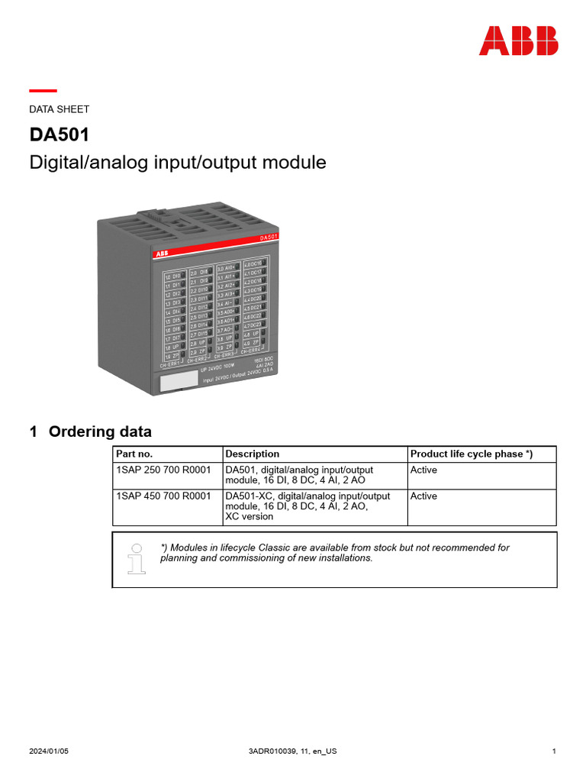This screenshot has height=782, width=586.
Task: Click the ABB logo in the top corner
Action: click(x=518, y=41)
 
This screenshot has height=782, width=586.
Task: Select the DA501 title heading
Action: click(x=60, y=135)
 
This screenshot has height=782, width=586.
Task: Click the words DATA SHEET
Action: click(x=59, y=109)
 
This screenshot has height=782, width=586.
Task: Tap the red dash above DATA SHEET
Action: click(x=43, y=91)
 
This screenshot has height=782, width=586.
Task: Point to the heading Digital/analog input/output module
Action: click(x=177, y=163)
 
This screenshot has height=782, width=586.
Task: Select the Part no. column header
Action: click(x=134, y=454)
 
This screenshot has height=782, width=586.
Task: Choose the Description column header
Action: click(x=253, y=454)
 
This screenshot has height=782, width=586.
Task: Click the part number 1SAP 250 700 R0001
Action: click(x=163, y=470)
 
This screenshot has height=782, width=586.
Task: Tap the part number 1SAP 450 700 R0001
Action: click(x=163, y=496)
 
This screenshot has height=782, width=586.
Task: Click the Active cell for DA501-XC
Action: click(x=423, y=496)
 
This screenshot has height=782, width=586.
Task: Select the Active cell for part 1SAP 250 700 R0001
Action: click(x=423, y=470)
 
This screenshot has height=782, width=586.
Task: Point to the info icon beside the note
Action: click(x=137, y=558)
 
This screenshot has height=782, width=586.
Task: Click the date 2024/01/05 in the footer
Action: click(x=49, y=751)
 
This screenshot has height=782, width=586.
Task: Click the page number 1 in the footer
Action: click(x=553, y=751)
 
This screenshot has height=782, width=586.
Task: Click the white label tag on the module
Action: click(x=177, y=383)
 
